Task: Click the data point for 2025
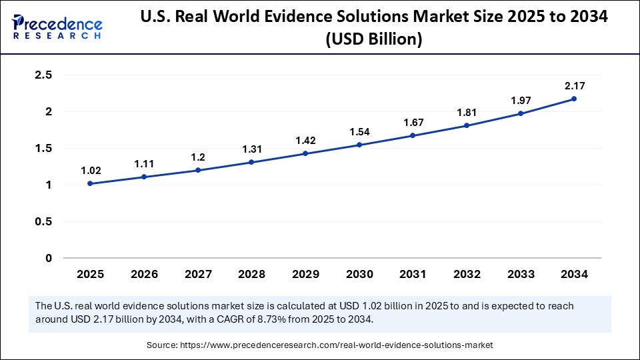(x=90, y=183)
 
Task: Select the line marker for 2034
(x=574, y=99)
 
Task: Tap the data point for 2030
(x=359, y=145)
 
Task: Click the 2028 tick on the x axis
(x=251, y=274)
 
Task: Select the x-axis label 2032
(x=466, y=274)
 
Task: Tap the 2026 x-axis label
(x=143, y=274)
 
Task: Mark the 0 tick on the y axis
(x=48, y=258)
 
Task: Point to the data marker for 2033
(x=520, y=113)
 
